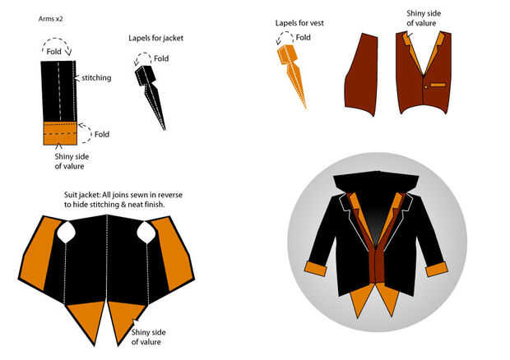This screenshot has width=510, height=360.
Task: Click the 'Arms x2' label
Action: [x=53, y=17]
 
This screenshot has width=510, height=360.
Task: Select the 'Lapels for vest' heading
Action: [x=299, y=23]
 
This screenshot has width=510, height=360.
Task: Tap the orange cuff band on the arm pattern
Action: [x=60, y=133]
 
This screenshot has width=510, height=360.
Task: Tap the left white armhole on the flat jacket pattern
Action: [x=66, y=233]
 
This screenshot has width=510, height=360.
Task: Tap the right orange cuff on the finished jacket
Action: [x=437, y=268]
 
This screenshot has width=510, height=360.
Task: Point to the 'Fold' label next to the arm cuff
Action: [x=101, y=133]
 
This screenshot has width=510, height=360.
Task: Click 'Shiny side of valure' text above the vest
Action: [x=420, y=18]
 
